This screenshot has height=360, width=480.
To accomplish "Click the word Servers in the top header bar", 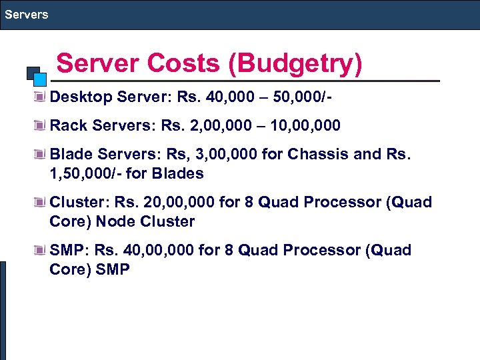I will click(x=25, y=14).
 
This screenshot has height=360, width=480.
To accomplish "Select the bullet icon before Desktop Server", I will click(x=41, y=97).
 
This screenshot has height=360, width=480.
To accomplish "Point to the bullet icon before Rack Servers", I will click(x=41, y=125).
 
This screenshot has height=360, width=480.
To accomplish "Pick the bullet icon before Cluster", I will click(x=41, y=202).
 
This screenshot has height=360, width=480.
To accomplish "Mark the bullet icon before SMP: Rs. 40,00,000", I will click(x=41, y=251).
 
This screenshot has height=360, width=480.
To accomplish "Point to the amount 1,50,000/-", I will click(x=86, y=173).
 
